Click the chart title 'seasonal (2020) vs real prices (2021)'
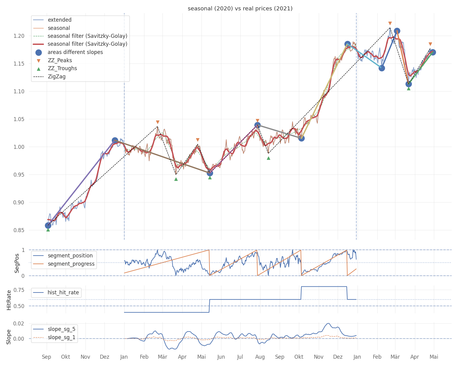pyautogui.click(x=240, y=9)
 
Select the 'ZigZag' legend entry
pyautogui.click(x=56, y=77)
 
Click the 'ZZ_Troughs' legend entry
pyautogui.click(x=62, y=68)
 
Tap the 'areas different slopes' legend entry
pyautogui.click(x=75, y=52)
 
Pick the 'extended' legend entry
pyautogui.click(x=60, y=20)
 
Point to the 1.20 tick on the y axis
pyautogui.click(x=19, y=36)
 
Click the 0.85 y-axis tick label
pyautogui.click(x=19, y=230)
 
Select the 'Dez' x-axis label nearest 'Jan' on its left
pyautogui.click(x=104, y=357)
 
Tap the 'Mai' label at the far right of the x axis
pyautogui.click(x=434, y=357)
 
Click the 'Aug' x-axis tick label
pyautogui.click(x=260, y=357)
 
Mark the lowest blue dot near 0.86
pyautogui.click(x=48, y=225)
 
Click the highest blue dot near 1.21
pyautogui.click(x=397, y=31)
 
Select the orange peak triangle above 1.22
pyautogui.click(x=390, y=23)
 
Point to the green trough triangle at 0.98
pyautogui.click(x=268, y=158)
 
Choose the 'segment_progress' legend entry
pyautogui.click(x=71, y=264)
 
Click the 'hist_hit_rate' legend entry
pyautogui.click(x=63, y=292)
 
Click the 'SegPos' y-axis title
pyautogui.click(x=17, y=263)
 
